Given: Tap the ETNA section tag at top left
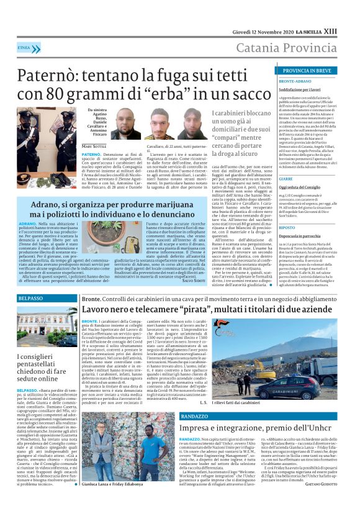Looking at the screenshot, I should [x=24, y=48].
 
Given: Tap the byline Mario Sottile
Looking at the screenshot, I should [x=94, y=147].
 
